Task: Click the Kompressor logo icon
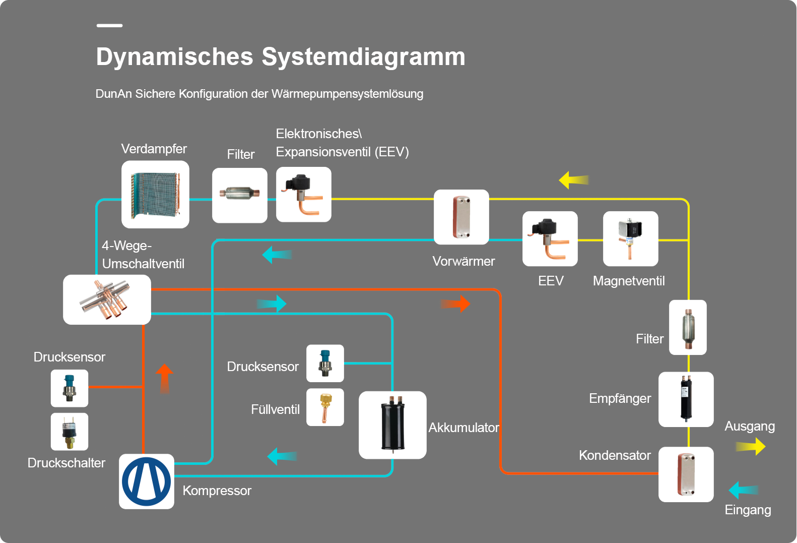pyautogui.click(x=146, y=481)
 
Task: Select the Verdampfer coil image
pyautogui.click(x=155, y=195)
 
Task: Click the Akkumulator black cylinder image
pyautogui.click(x=392, y=425)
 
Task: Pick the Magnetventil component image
pyautogui.click(x=630, y=238)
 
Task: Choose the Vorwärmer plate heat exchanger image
pyautogui.click(x=461, y=217)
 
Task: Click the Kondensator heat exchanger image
pyautogui.click(x=686, y=474)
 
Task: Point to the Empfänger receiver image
pyautogui.click(x=686, y=399)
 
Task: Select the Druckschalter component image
pyautogui.click(x=70, y=432)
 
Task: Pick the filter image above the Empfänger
pyautogui.click(x=688, y=327)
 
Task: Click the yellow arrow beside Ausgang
pyautogui.click(x=751, y=447)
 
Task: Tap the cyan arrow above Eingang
pyautogui.click(x=744, y=490)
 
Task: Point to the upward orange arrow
pyautogui.click(x=164, y=379)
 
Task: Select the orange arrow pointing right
pyautogui.click(x=455, y=304)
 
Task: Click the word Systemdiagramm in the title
pyautogui.click(x=364, y=57)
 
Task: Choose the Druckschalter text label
pyautogui.click(x=67, y=463)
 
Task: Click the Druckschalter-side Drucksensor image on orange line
pyautogui.click(x=70, y=388)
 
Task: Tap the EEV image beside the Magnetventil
pyautogui.click(x=550, y=238)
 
